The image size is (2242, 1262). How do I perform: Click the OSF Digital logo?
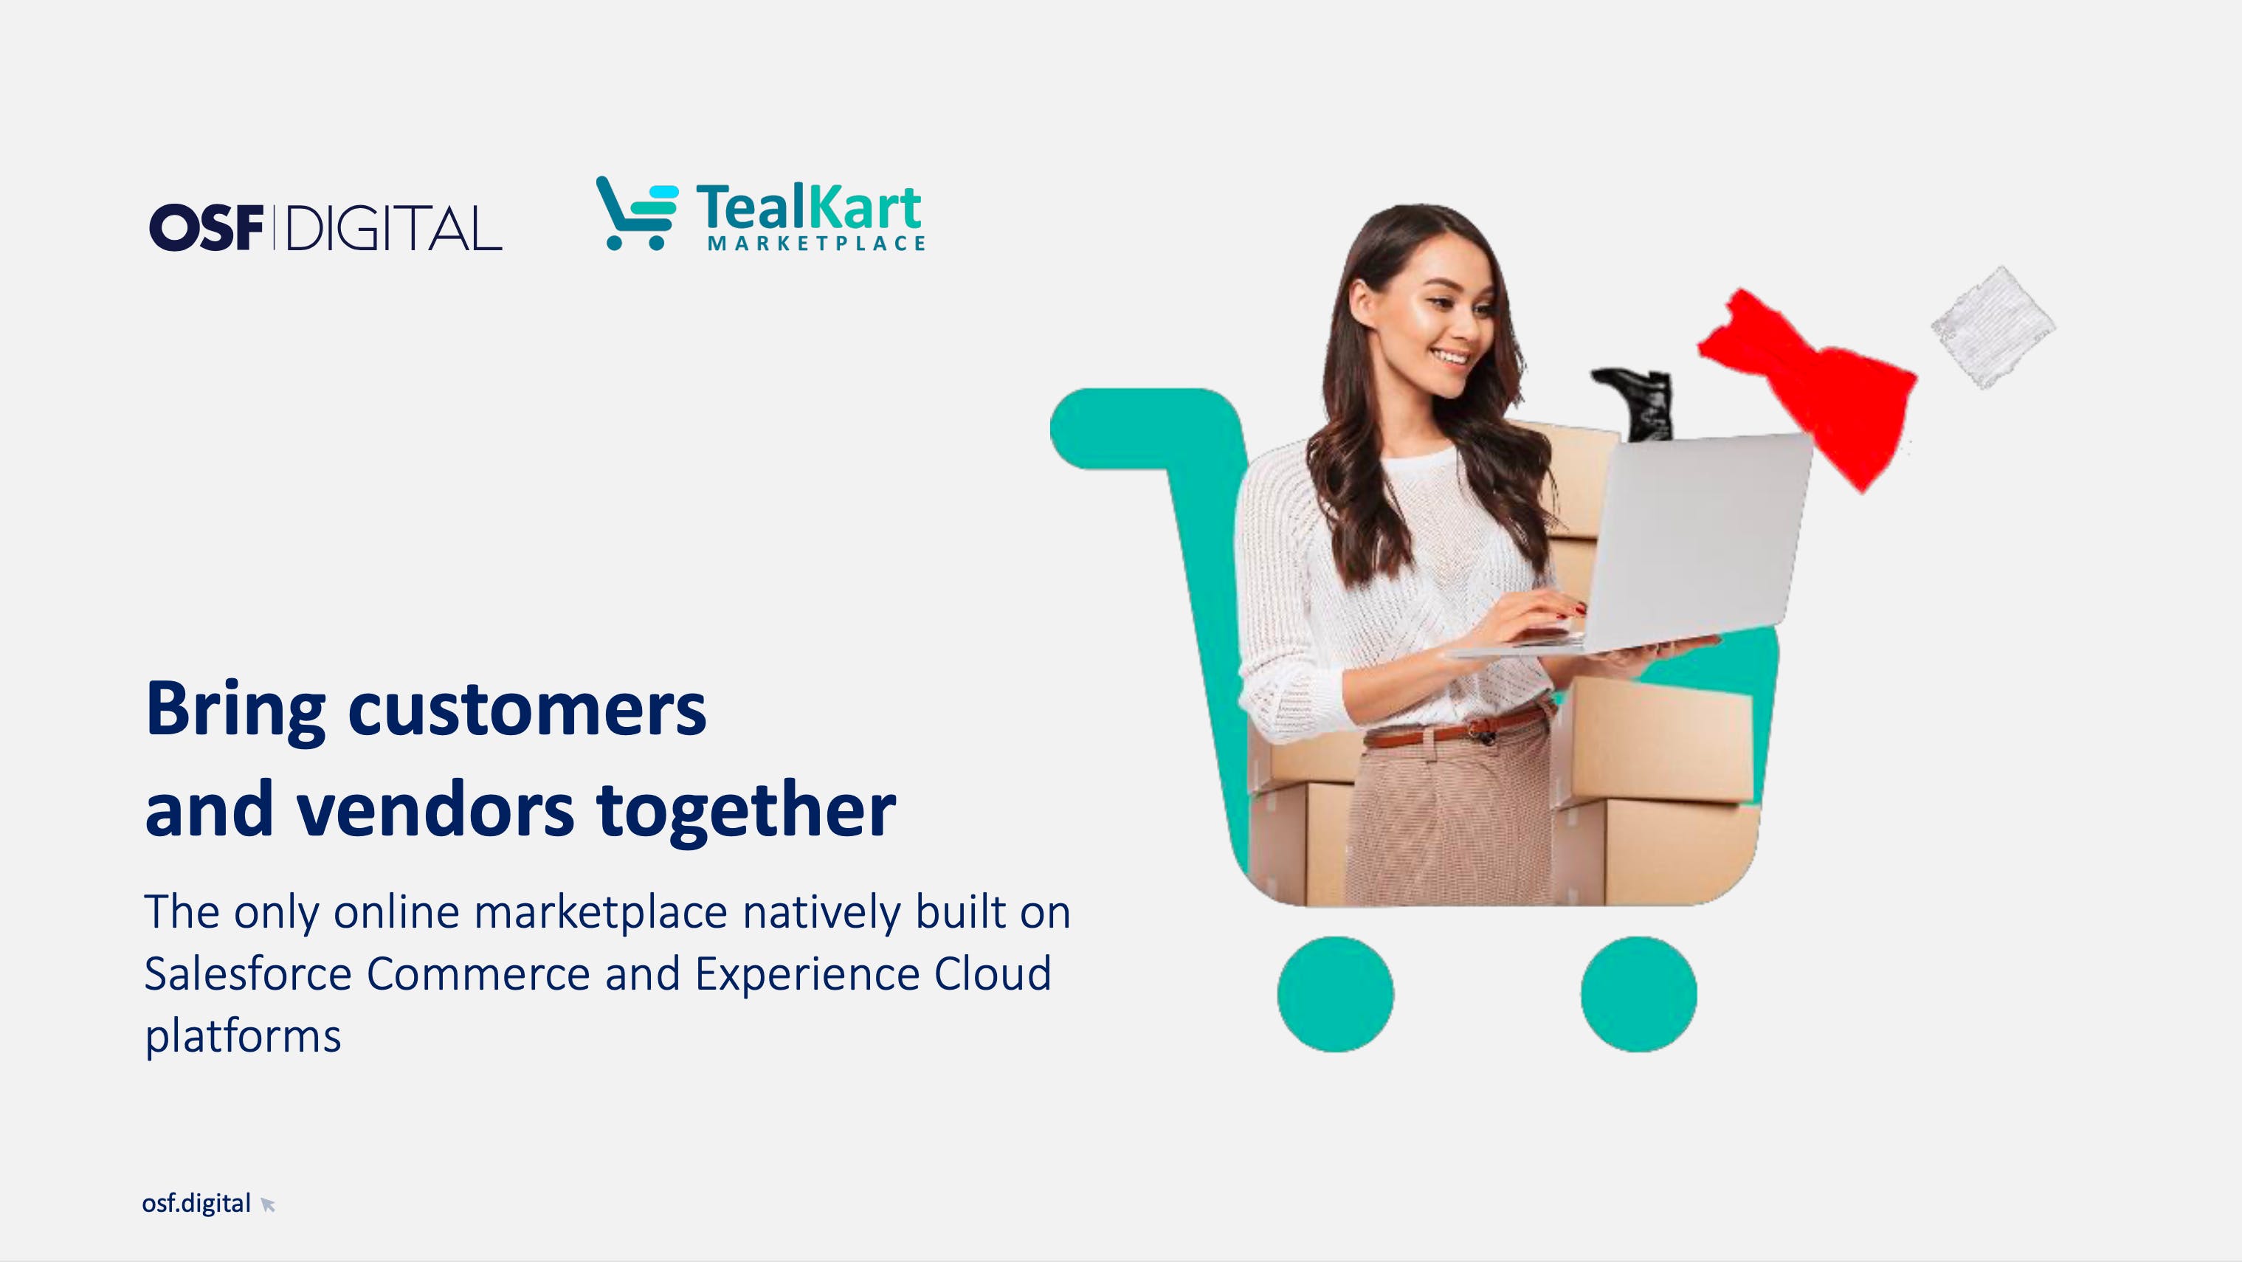(325, 228)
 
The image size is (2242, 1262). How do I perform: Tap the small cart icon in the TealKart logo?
(637, 213)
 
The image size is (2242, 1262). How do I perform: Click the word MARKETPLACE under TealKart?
(816, 244)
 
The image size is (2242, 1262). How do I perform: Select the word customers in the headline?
(528, 709)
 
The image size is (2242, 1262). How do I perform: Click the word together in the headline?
(746, 810)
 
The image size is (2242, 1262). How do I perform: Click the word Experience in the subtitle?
(807, 975)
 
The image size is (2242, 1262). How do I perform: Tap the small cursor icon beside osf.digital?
(268, 1204)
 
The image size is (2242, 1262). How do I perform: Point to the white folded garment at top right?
(1993, 326)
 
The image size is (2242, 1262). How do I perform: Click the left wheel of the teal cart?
(1335, 994)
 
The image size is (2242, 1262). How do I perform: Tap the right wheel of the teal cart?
(1639, 994)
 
